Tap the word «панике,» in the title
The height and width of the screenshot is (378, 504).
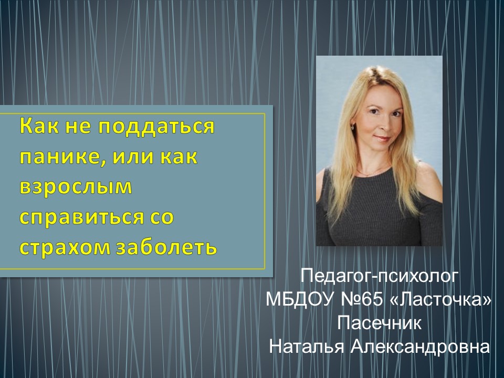[62, 157]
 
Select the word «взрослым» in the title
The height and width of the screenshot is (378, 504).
[76, 187]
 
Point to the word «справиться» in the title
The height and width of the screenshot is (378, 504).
[82, 217]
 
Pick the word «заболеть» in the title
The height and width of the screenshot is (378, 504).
[166, 247]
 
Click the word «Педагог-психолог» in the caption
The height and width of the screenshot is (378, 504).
[379, 277]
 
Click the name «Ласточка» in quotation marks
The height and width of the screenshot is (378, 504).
[440, 300]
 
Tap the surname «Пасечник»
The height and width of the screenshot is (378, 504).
[379, 323]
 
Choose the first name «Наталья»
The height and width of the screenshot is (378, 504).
[306, 347]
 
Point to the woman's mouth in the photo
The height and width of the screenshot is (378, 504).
[382, 139]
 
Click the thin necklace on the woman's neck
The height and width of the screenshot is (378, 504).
[372, 173]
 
